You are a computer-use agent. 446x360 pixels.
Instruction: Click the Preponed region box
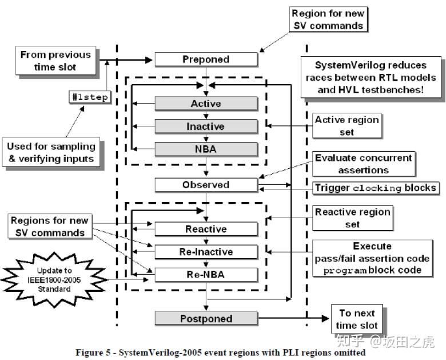(206, 60)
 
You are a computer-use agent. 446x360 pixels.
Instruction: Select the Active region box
(206, 104)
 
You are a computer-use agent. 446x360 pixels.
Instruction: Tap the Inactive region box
(206, 126)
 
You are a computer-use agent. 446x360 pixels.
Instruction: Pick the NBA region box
(206, 149)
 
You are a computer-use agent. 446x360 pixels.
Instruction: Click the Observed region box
(206, 185)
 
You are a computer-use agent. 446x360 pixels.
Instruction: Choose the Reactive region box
(206, 229)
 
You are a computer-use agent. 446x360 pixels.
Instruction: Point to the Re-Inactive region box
(206, 252)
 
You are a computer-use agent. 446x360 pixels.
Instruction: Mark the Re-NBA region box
(206, 275)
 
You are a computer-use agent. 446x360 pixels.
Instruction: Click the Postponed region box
(206, 319)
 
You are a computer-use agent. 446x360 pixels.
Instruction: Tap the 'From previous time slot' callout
(55, 61)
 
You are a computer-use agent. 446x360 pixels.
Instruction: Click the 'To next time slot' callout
(357, 319)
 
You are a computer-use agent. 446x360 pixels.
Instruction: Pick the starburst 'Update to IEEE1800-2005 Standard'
(55, 279)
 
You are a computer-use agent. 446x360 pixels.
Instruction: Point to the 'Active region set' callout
(347, 125)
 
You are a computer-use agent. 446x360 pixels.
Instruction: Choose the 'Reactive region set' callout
(352, 218)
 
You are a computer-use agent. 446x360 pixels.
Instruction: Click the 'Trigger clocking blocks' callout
(376, 188)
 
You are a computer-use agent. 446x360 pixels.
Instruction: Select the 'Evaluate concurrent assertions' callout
(364, 163)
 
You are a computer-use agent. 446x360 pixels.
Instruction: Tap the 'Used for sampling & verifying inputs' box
(51, 152)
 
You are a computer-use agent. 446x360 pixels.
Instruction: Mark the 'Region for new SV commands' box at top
(328, 19)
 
